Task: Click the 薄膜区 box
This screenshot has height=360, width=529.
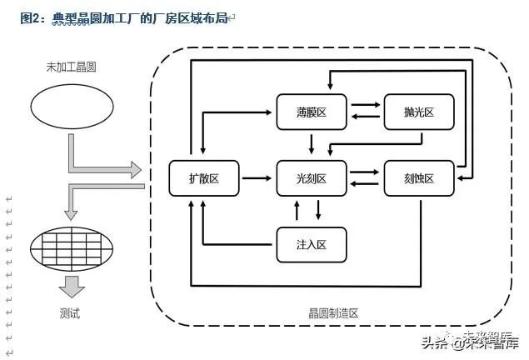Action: (x=312, y=112)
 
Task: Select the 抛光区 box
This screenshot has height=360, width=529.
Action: (x=419, y=112)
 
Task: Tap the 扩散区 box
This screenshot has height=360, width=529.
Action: (x=204, y=178)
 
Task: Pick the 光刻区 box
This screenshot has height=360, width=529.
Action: (x=312, y=178)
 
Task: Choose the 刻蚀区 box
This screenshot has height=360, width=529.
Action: (x=419, y=178)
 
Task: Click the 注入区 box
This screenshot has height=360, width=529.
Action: (x=312, y=245)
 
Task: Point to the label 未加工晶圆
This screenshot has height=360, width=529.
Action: (x=71, y=67)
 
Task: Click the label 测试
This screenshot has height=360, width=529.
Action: (x=70, y=313)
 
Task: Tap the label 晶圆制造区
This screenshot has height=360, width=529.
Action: (x=333, y=313)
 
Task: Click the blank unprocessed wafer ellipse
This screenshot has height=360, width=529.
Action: (x=72, y=107)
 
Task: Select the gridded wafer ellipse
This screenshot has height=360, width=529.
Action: (x=72, y=249)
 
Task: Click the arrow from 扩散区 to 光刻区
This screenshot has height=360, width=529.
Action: (x=257, y=177)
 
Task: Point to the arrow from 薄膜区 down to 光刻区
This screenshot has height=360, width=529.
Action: (x=312, y=144)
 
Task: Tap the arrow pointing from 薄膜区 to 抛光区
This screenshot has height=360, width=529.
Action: (x=366, y=105)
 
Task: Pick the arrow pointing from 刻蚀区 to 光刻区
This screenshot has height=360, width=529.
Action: (x=364, y=184)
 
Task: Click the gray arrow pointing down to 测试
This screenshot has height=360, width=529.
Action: (x=72, y=287)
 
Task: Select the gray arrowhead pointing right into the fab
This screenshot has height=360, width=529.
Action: (x=136, y=170)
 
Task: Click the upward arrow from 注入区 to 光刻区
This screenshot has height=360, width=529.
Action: (x=297, y=211)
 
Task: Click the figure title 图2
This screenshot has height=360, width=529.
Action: (x=30, y=18)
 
